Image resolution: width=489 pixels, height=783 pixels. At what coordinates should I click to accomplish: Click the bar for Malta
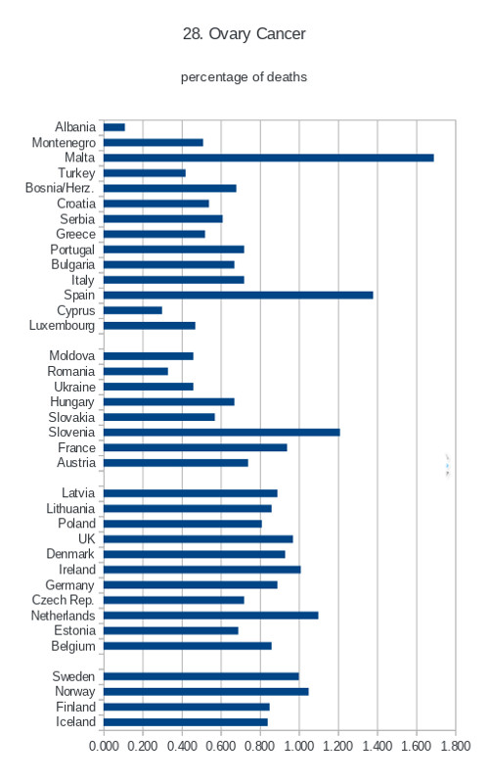268,158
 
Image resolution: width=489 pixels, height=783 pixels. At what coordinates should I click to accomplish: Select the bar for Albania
114,127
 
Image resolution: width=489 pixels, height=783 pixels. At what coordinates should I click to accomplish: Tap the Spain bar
238,296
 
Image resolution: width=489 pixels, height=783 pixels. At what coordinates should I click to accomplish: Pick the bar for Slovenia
222,433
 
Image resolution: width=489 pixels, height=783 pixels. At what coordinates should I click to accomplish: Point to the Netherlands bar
211,616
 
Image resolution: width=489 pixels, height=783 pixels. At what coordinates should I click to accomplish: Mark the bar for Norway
206,692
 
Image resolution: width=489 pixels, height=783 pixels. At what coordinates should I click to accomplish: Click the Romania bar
136,372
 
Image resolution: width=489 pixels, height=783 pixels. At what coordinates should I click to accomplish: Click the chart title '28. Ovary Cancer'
244,34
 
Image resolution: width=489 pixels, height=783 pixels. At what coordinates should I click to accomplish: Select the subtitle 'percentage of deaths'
244,77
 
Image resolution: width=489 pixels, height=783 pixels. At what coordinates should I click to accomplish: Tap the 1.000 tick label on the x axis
299,746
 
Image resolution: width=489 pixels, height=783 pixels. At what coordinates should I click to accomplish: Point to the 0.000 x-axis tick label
104,746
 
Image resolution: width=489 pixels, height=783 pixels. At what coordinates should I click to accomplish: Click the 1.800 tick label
456,746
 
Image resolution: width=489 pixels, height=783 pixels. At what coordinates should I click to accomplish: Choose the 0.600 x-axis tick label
221,746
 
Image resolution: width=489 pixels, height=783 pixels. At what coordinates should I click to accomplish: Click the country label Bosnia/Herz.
60,188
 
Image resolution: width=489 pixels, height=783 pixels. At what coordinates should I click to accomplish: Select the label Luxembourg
62,326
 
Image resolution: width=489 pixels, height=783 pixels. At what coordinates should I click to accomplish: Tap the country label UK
87,539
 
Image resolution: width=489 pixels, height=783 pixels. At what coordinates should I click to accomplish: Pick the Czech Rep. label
63,600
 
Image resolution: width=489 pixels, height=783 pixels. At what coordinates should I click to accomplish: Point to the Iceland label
75,722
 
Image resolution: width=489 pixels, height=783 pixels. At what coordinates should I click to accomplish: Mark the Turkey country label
76,173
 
